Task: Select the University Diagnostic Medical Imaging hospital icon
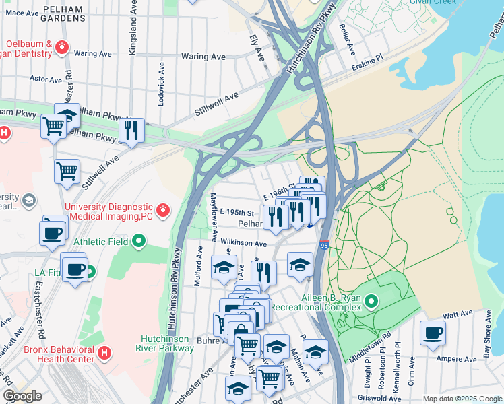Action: pyautogui.click(x=162, y=211)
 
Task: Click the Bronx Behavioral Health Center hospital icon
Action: pyautogui.click(x=104, y=353)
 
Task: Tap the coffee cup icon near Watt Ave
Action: pyautogui.click(x=433, y=331)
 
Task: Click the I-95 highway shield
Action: pyautogui.click(x=324, y=246)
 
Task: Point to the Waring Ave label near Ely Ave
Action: pyautogui.click(x=203, y=57)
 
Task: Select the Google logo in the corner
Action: pyautogui.click(x=22, y=396)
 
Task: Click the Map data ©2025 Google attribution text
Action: pyautogui.click(x=461, y=399)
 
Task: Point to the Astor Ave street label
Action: pyautogui.click(x=46, y=79)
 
